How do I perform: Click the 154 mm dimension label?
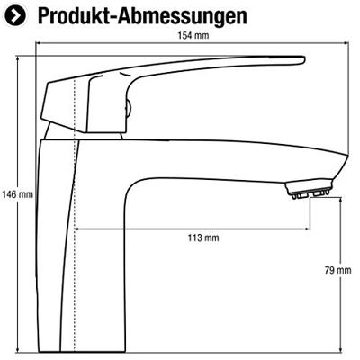[193, 35]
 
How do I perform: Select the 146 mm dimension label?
[17, 194]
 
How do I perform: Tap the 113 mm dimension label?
[203, 238]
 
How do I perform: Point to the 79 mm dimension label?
[337, 270]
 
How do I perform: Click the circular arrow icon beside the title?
[16, 15]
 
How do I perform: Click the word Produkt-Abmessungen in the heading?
[142, 16]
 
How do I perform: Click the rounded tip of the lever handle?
[303, 59]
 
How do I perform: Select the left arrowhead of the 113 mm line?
[76, 229]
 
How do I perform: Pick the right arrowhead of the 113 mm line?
[307, 229]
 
